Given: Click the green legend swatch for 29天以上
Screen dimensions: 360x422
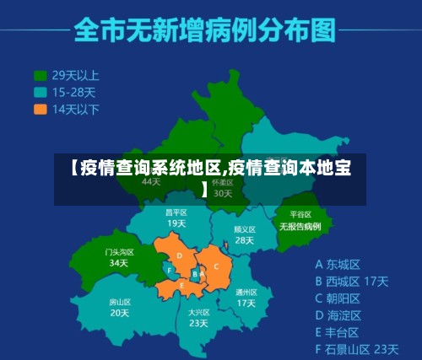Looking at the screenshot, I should point(40,74).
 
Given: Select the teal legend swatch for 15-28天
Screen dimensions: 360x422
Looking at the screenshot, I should point(40,92).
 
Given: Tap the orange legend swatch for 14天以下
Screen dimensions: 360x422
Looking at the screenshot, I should point(40,109).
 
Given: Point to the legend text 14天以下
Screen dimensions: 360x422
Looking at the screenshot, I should point(76,109).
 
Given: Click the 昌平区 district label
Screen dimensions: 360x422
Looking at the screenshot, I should point(176,212).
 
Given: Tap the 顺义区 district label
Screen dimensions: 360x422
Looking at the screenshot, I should point(244,228).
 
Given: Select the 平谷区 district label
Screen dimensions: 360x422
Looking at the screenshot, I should point(300,215).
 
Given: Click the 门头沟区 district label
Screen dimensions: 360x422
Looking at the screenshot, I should point(119,251).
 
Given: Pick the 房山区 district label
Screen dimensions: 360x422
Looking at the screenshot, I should point(120,302).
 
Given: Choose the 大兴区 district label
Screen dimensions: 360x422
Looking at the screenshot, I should point(198,312).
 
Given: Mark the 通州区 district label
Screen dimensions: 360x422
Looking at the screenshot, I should point(246,292).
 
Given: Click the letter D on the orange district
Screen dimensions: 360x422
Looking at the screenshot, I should point(179,256).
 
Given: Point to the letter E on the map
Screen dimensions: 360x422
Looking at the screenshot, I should point(182,286).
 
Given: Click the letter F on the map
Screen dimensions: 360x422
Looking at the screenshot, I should point(170,271).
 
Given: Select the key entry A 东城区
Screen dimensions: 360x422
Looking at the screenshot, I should point(338,264).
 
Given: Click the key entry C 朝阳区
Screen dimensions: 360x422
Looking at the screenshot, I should point(338,298).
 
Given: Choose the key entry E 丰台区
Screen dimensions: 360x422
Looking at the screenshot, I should point(338,331).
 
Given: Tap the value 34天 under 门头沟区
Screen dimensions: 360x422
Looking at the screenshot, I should point(119,262).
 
